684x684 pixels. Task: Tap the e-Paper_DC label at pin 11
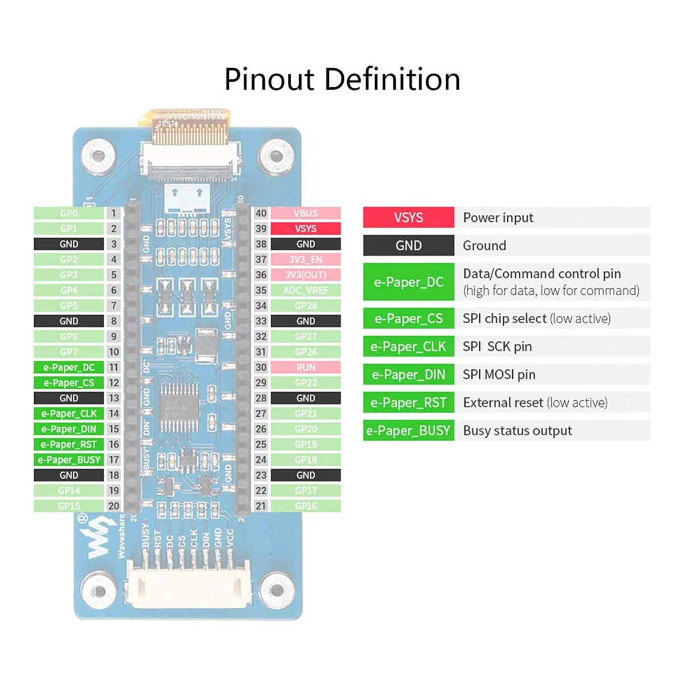click(69, 368)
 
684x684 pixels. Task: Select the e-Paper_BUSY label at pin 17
click(69, 460)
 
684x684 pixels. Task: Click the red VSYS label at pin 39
click(306, 229)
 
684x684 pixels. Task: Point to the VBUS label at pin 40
click(306, 213)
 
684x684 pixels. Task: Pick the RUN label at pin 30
click(306, 368)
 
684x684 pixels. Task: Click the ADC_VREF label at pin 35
click(306, 290)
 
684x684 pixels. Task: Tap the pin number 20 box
click(114, 506)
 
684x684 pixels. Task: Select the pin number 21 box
click(261, 506)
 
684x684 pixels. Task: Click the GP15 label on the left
click(69, 506)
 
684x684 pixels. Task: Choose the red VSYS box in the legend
click(409, 218)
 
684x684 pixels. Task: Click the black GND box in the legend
click(409, 246)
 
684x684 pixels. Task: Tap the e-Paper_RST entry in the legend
click(409, 403)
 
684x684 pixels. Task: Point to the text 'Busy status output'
click(518, 431)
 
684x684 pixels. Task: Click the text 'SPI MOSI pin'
click(499, 375)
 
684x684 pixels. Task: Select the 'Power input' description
click(498, 218)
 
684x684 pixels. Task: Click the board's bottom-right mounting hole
click(276, 591)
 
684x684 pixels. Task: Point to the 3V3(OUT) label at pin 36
click(306, 275)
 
